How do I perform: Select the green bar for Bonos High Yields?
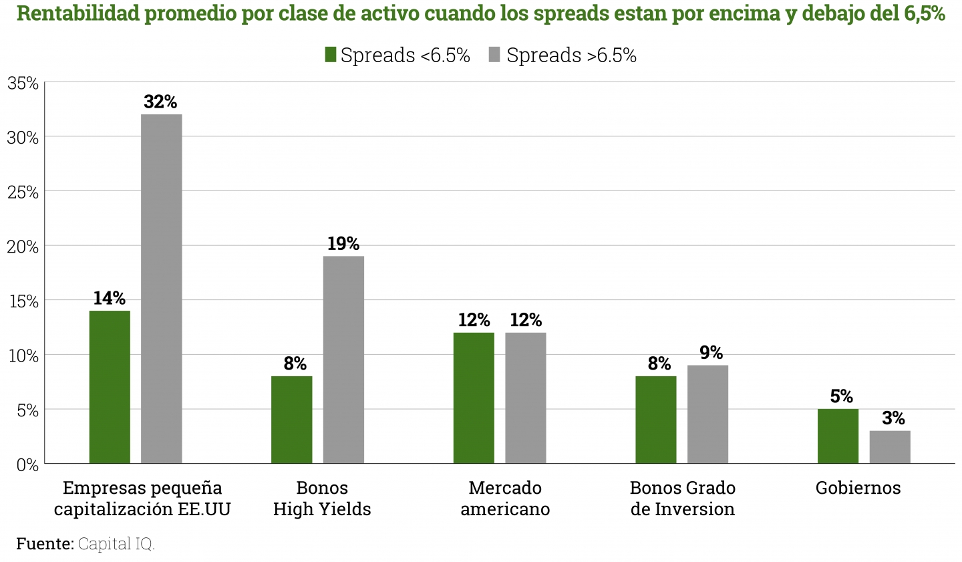click(291, 420)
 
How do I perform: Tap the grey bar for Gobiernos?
click(890, 447)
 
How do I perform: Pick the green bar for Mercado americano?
click(474, 398)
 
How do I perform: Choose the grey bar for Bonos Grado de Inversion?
click(707, 414)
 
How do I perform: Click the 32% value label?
click(160, 102)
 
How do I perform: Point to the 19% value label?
click(343, 244)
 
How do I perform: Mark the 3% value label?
click(893, 418)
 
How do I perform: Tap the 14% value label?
click(110, 298)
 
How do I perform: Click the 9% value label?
click(711, 353)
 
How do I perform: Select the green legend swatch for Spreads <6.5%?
click(330, 55)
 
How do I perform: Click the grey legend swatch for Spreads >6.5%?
click(494, 55)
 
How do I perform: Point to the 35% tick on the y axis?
click(23, 84)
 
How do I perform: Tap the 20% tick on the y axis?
click(23, 247)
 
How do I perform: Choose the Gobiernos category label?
click(858, 488)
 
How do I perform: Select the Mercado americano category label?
click(505, 499)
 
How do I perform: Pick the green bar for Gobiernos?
click(838, 436)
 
